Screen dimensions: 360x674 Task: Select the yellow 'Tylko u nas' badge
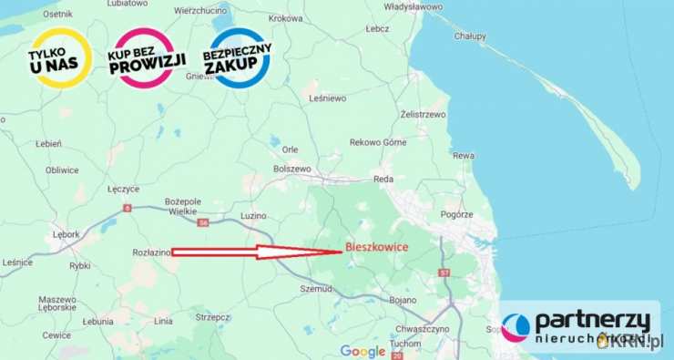click(59, 57)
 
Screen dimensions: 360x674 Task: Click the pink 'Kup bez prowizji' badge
click(147, 57)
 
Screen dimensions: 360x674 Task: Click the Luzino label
click(254, 216)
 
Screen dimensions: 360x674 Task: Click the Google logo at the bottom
click(363, 351)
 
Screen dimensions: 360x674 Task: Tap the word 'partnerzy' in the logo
click(592, 321)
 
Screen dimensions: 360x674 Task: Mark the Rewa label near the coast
click(464, 156)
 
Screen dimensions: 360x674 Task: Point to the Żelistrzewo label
click(423, 115)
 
